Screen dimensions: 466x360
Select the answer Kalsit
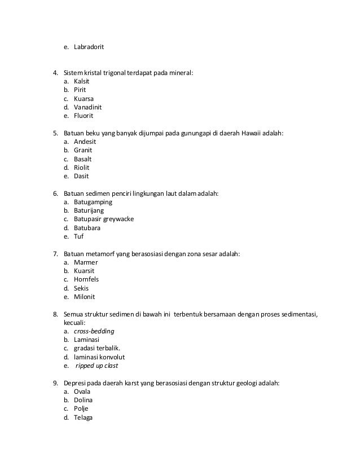[x=82, y=81]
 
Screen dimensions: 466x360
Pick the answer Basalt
[x=83, y=159]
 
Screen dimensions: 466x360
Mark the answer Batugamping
[x=93, y=202]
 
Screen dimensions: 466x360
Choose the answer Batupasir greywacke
[x=104, y=219]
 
